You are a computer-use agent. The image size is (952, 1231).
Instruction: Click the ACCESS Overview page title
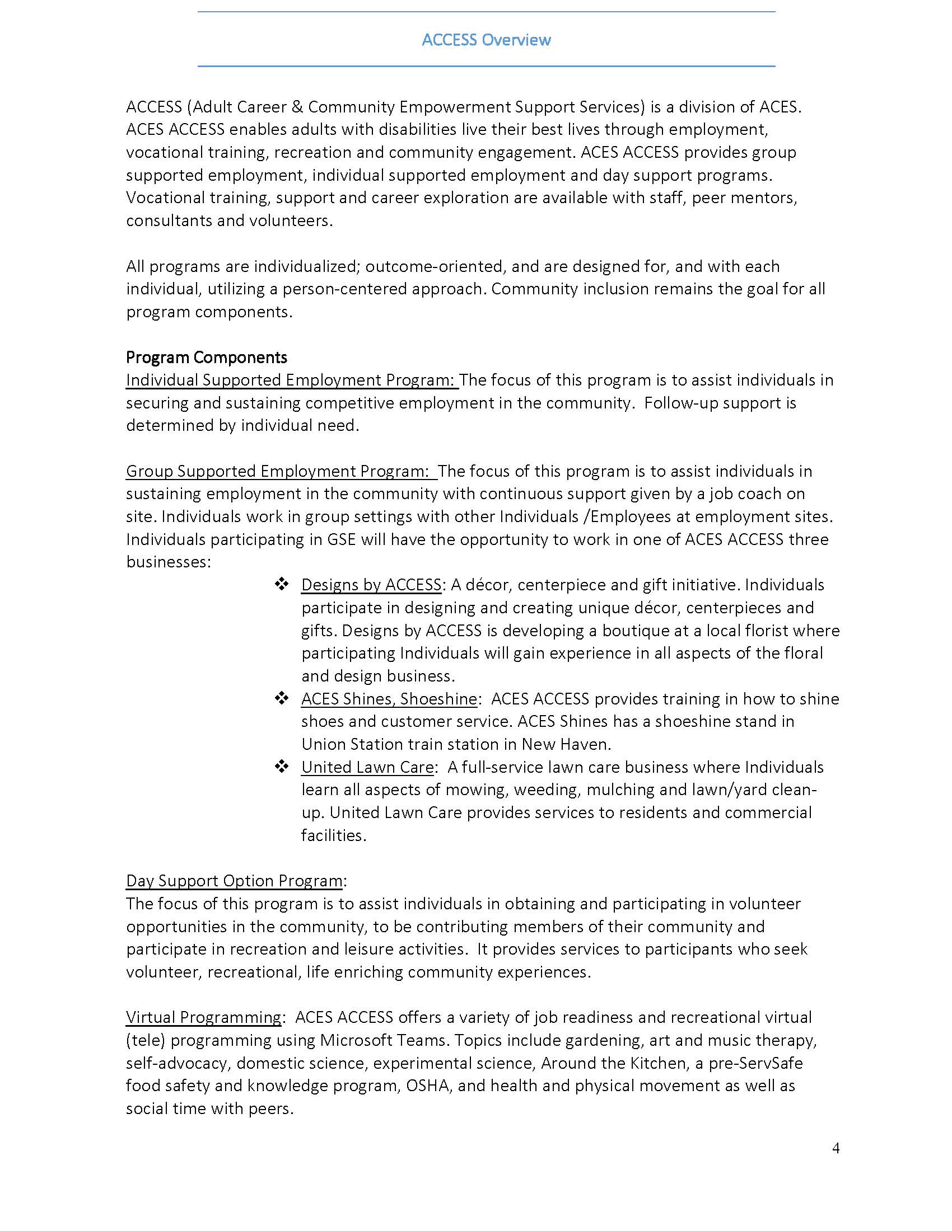tap(486, 40)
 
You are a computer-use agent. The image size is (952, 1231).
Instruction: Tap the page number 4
tap(836, 1148)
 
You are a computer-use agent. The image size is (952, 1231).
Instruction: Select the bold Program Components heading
tap(207, 358)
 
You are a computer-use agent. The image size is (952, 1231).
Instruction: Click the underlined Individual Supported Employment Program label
tap(291, 380)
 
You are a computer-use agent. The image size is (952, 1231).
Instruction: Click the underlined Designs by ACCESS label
tap(371, 585)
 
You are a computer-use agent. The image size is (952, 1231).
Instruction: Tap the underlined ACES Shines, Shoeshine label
tap(389, 699)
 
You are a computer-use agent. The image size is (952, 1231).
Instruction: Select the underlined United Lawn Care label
tap(367, 767)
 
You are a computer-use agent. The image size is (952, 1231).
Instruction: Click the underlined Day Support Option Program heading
tap(234, 881)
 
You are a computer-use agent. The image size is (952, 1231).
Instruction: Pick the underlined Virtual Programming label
tap(204, 1017)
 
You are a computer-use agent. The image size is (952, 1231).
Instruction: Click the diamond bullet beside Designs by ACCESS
tap(282, 585)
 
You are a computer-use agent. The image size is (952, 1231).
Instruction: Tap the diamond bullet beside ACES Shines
tap(282, 698)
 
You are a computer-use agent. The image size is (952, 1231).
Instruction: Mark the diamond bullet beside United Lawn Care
tap(282, 767)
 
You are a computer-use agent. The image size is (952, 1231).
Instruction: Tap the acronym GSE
tap(341, 539)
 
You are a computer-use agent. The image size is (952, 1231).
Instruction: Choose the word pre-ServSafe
tap(756, 1063)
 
